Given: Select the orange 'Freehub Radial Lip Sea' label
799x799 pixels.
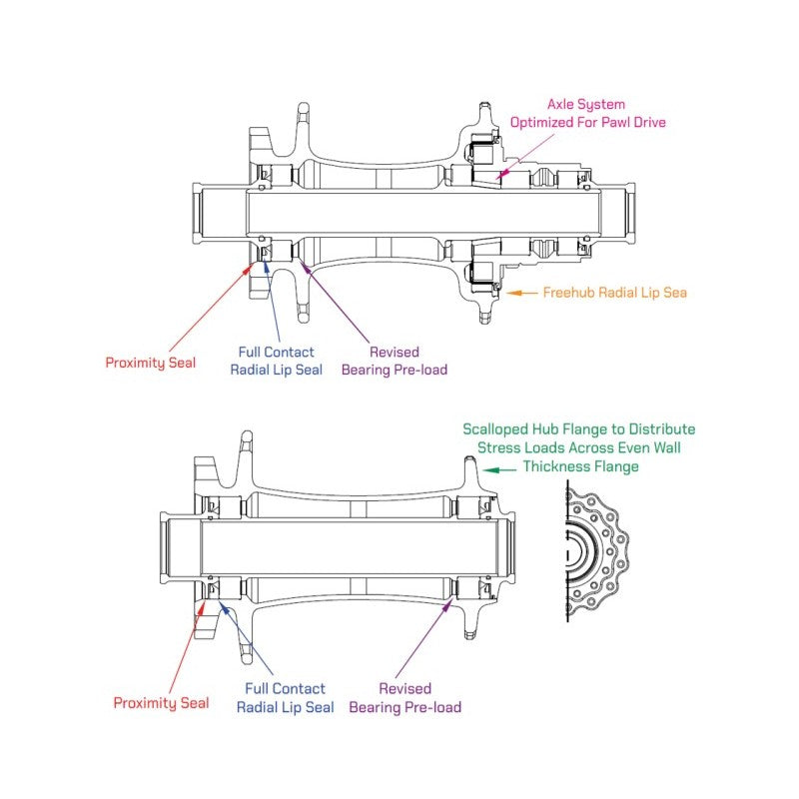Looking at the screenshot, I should click(614, 293).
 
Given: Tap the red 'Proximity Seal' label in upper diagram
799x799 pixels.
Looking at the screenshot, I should click(151, 363).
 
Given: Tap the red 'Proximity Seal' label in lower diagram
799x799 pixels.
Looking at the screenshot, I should click(161, 703).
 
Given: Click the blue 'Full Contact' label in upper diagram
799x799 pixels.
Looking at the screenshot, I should click(276, 352).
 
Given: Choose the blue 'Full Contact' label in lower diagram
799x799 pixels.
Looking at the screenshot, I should click(285, 688).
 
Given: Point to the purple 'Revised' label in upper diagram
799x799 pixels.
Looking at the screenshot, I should click(395, 352).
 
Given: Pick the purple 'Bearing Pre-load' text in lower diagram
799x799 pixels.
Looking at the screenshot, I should click(404, 707).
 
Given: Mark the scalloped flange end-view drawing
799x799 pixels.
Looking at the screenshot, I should click(595, 550).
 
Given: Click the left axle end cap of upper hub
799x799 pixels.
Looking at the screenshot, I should click(198, 214).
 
